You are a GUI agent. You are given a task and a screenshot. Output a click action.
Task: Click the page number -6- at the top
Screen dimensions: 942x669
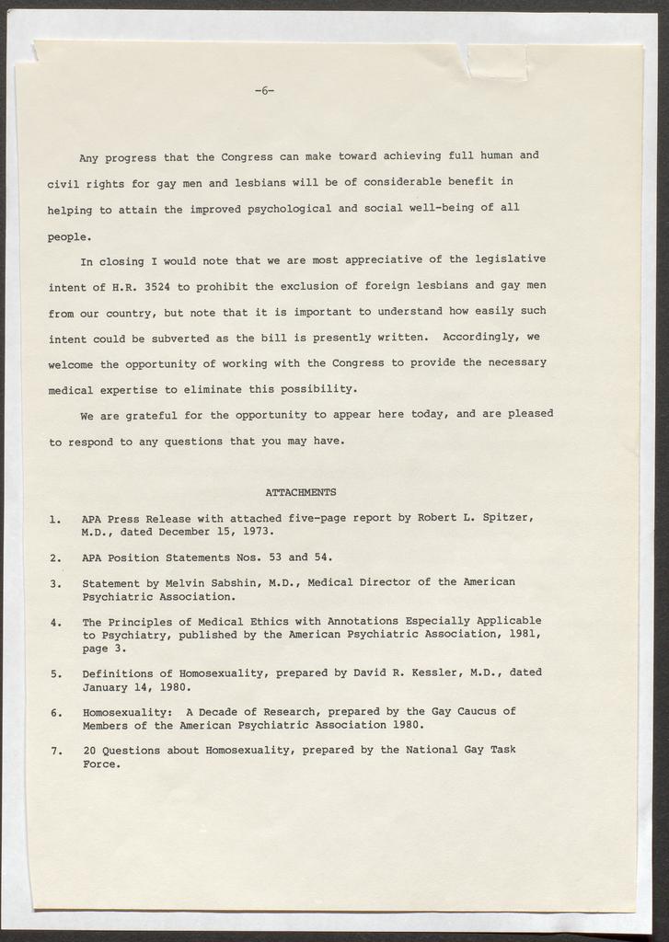(264, 90)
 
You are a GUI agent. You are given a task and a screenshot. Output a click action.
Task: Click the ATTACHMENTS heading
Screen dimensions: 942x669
(300, 492)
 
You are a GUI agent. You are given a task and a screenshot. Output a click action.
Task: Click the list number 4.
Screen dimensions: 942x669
(55, 621)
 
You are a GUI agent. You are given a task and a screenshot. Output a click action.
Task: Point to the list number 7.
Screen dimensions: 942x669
(55, 751)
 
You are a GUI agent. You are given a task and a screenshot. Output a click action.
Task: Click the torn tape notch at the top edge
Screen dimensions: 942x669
(496, 61)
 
